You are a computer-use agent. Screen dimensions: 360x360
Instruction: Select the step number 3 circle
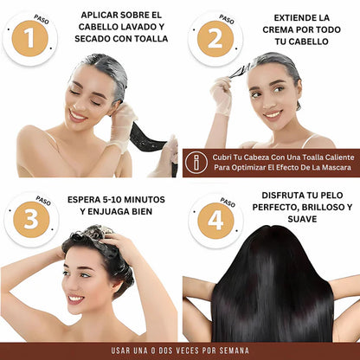click(30, 219)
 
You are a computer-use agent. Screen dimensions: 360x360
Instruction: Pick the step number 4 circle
click(212, 219)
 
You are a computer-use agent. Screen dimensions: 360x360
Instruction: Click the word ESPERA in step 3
click(87, 199)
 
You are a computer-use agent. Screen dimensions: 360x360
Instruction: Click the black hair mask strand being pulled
click(145, 138)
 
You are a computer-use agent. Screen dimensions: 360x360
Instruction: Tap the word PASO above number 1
click(41, 17)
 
